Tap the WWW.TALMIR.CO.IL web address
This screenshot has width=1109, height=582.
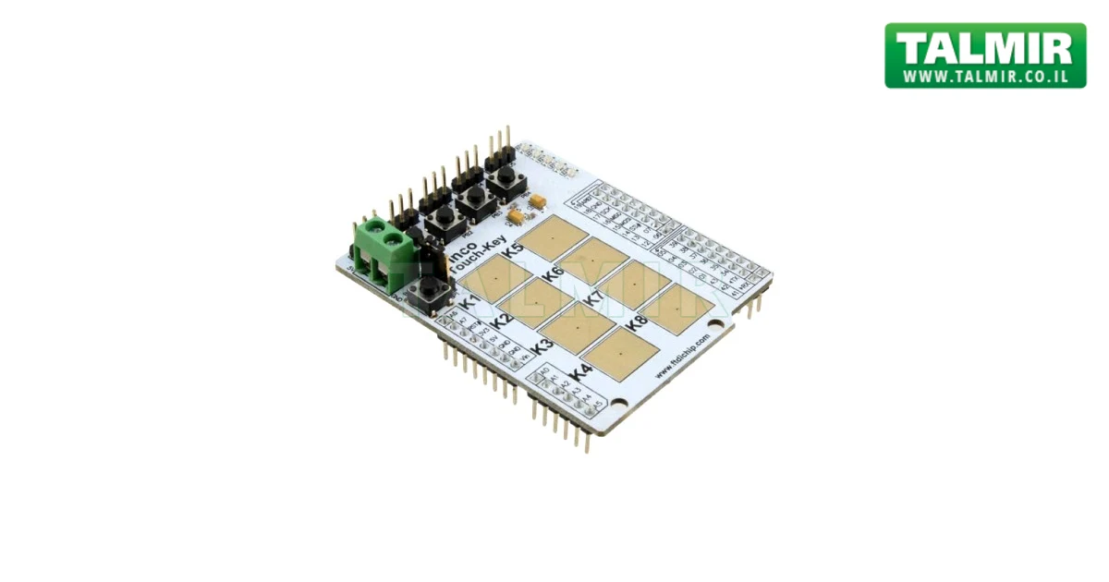coord(985,77)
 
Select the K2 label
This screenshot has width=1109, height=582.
coord(502,321)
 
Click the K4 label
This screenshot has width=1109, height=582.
coord(580,372)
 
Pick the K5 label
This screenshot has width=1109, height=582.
coord(512,249)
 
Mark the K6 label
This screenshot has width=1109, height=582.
coord(554,273)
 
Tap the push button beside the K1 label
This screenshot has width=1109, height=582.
coord(426,289)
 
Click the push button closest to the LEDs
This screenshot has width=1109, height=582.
coord(505,179)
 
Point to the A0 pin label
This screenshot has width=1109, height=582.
coord(544,373)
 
